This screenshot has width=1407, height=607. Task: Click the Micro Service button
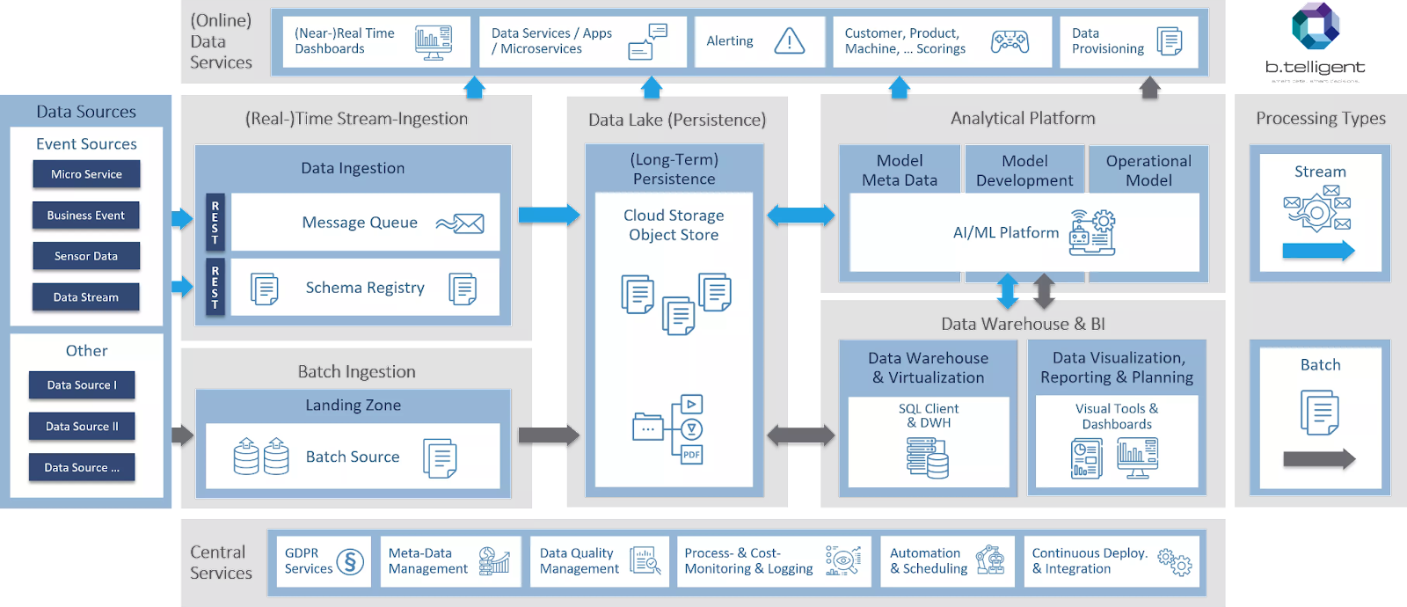(86, 174)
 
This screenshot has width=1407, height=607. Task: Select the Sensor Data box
(86, 256)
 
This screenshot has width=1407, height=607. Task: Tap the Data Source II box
(82, 427)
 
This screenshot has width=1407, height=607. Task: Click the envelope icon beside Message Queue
(461, 223)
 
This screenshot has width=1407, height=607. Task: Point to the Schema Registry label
(365, 288)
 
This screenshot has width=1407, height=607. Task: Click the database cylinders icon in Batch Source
(261, 456)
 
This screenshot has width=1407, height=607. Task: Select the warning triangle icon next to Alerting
(789, 40)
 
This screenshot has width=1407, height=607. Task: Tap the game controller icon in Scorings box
(1010, 41)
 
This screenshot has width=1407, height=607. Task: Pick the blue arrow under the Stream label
(1318, 251)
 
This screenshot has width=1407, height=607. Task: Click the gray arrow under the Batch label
(1318, 458)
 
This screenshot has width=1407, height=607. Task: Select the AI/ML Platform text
(1006, 233)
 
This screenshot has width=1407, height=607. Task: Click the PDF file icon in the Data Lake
(692, 454)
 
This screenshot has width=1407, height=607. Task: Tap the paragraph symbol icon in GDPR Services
(350, 561)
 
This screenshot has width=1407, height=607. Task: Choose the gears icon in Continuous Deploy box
(1175, 561)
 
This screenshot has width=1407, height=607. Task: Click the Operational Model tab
(1148, 170)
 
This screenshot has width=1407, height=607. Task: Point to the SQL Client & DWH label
(928, 415)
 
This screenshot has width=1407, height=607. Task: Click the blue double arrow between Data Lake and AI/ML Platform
(801, 215)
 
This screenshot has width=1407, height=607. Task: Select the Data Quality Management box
(599, 561)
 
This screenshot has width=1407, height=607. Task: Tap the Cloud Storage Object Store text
(674, 225)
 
